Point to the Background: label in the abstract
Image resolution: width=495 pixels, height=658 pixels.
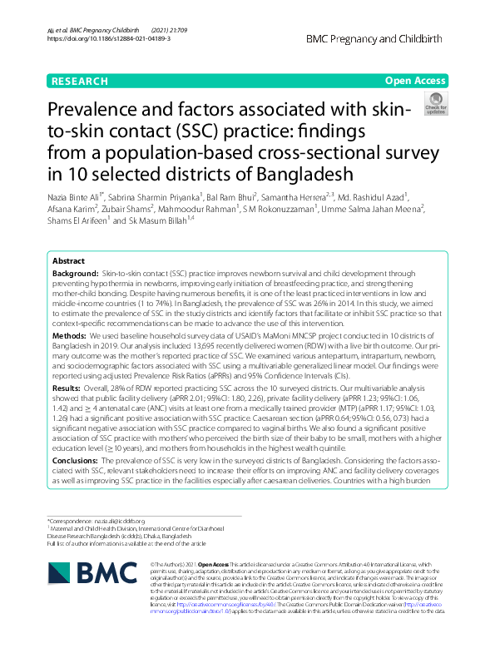pos(75,273)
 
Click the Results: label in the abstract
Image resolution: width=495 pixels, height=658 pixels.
pos(67,410)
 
